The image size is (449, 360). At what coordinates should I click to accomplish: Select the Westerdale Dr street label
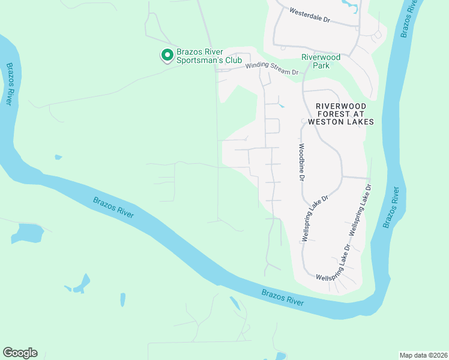pos(310,15)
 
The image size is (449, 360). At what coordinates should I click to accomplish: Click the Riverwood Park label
pos(321,61)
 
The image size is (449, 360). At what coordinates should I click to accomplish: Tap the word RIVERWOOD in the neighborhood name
pos(340,106)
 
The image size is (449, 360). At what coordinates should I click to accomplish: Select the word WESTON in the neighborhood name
pos(330,122)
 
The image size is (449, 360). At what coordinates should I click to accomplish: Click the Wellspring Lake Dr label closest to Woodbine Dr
pos(315,217)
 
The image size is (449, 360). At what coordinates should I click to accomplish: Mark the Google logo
pos(20,353)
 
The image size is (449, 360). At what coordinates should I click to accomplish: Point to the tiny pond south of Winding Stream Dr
pos(282,107)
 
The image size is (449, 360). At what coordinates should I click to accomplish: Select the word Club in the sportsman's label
pos(233,61)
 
